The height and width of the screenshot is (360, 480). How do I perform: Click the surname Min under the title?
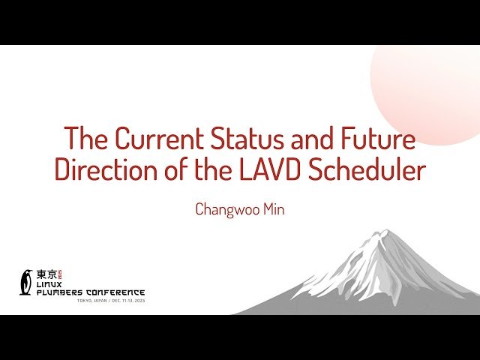[x=272, y=208]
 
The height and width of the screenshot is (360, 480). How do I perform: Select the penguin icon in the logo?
[x=27, y=281]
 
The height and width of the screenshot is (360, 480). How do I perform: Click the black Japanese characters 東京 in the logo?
[x=47, y=274]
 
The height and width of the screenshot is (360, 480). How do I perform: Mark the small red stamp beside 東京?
[x=62, y=274]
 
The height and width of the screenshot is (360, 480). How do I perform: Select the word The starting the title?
[x=82, y=139]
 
